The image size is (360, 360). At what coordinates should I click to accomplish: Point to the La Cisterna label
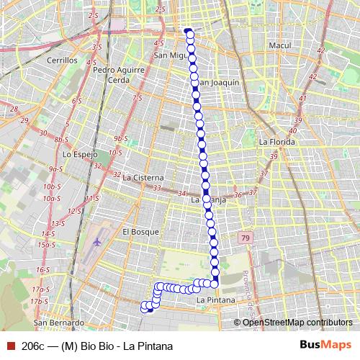click(143, 177)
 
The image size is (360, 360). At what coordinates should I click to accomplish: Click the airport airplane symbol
click(96, 246)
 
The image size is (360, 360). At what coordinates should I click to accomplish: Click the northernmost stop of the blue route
click(189, 32)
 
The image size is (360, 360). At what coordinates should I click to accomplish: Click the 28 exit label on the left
click(14, 109)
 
